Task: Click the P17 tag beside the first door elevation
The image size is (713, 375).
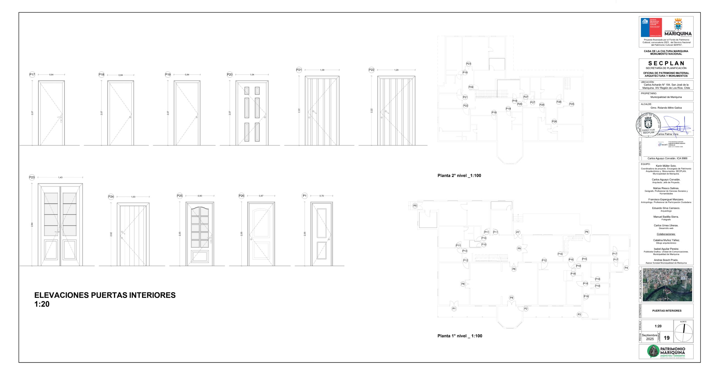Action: (x=32, y=75)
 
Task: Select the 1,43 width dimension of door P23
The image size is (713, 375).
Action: (x=60, y=177)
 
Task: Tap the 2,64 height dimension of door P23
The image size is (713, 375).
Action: (x=32, y=224)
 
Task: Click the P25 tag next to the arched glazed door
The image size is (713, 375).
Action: (x=180, y=196)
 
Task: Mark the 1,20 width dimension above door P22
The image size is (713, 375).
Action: (x=396, y=70)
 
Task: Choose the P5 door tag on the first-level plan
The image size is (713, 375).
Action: (x=415, y=206)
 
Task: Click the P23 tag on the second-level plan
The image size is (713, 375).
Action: (x=469, y=64)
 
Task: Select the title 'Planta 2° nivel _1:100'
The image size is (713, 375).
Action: (x=459, y=175)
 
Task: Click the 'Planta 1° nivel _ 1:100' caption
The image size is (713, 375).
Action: (x=460, y=336)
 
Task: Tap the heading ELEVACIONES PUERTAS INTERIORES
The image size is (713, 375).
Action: (x=105, y=295)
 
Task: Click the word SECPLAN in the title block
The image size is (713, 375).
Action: (x=666, y=63)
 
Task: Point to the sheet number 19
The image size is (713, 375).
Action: (x=666, y=338)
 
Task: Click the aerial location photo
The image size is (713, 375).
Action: (x=667, y=285)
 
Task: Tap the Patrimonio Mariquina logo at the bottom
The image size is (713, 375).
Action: (x=666, y=352)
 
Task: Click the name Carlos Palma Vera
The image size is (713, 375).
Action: (x=667, y=134)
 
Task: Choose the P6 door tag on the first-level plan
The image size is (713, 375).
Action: (x=587, y=232)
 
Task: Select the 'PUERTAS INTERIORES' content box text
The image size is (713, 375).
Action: (x=667, y=311)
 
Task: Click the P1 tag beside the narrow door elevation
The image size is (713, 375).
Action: (x=305, y=196)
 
